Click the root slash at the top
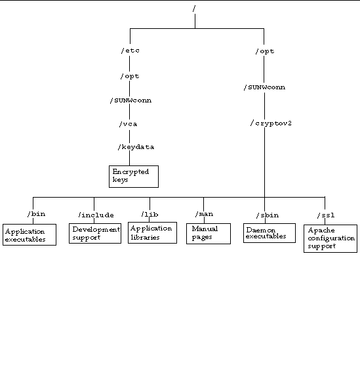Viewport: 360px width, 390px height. click(x=194, y=9)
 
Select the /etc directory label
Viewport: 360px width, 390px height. click(x=130, y=51)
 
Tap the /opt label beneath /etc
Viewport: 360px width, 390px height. click(x=130, y=76)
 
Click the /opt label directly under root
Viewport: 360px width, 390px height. click(x=265, y=51)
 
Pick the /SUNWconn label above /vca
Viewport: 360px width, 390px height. click(x=130, y=100)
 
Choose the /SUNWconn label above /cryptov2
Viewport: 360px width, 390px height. click(x=265, y=87)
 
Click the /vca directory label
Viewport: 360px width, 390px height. click(x=129, y=124)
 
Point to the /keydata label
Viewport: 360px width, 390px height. click(x=136, y=147)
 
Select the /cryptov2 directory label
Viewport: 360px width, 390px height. click(x=271, y=123)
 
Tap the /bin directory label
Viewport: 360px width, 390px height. click(x=36, y=214)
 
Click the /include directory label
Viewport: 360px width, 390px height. click(x=96, y=215)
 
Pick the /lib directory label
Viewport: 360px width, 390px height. click(x=150, y=214)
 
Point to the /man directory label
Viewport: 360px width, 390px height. click(x=204, y=214)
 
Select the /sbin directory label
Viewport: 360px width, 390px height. click(x=268, y=215)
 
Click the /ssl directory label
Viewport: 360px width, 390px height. click(x=326, y=215)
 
